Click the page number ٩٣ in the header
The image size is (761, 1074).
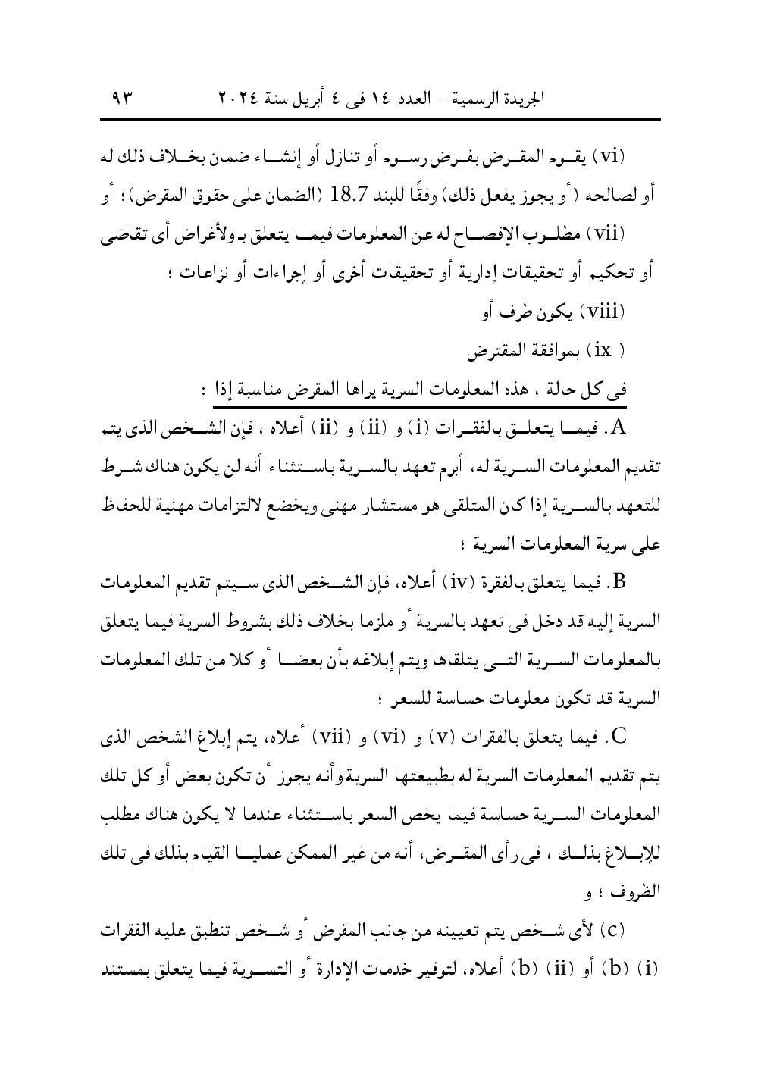pyautogui.click(x=121, y=98)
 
